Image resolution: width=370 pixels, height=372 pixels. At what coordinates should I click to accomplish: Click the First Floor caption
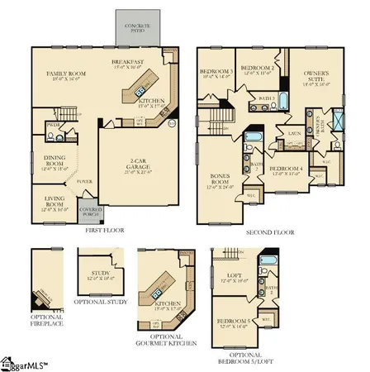tap(105, 231)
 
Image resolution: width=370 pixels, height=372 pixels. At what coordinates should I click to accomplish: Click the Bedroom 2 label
tap(256, 68)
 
